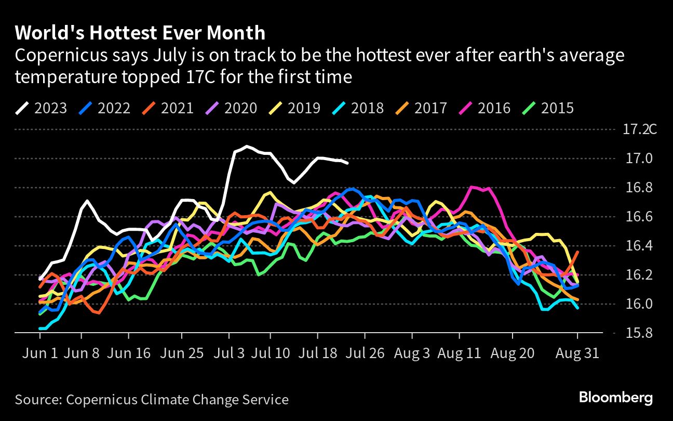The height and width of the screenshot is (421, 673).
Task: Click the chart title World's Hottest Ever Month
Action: [x=140, y=33]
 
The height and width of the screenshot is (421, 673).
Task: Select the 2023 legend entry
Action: [x=41, y=108]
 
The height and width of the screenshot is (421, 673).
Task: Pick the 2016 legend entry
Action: [x=485, y=108]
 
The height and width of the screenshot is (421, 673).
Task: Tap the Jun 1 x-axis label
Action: [x=39, y=353]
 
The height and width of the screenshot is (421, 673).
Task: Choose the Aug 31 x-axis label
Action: [x=578, y=353]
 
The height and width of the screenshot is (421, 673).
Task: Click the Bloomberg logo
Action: [x=616, y=399]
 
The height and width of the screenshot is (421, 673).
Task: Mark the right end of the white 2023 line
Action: [x=347, y=163]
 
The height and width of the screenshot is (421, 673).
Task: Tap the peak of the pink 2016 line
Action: [x=473, y=187]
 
